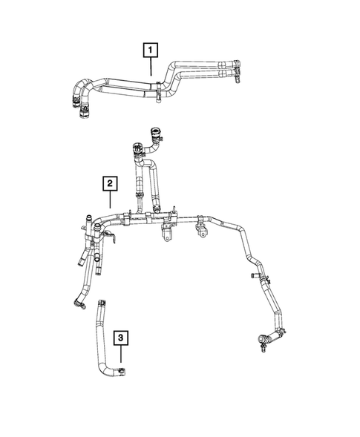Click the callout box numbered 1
[151, 50]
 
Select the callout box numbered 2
[109, 183]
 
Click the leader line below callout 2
[109, 202]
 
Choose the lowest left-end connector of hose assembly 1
[82, 112]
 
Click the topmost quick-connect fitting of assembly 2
[157, 135]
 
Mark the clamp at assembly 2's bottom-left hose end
[76, 300]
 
